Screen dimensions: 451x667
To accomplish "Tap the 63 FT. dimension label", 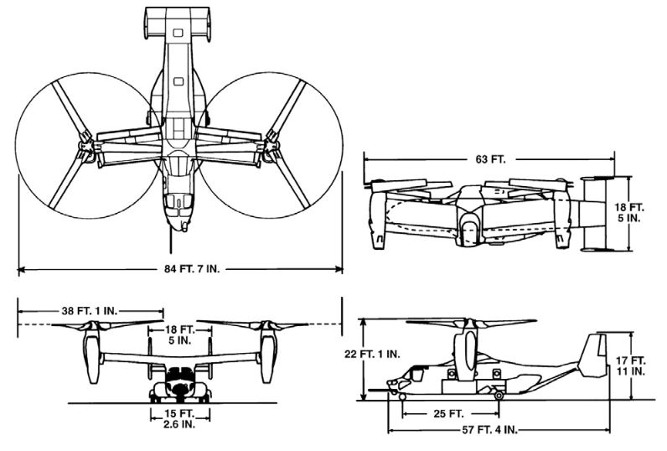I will pos(489,157).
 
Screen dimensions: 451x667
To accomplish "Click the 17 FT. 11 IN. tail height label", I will pos(639,365).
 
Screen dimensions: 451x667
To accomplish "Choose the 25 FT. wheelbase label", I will pos(449,413).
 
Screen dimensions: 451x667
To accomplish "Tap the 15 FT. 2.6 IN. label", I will pos(179,419).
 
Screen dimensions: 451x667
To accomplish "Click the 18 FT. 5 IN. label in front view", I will pos(179,335).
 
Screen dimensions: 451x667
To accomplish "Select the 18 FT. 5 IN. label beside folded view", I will pos(639,213).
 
